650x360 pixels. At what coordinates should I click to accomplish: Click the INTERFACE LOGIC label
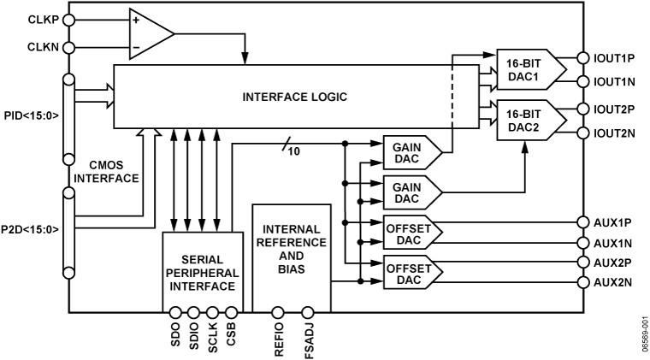[294, 97]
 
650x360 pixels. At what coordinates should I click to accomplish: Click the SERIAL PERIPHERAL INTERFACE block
[202, 273]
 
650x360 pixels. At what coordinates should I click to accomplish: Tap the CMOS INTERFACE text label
[107, 171]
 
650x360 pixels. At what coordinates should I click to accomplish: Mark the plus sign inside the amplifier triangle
[136, 19]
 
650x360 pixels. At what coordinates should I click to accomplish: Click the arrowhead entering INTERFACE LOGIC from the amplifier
[245, 60]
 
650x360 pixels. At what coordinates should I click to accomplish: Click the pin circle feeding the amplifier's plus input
[68, 20]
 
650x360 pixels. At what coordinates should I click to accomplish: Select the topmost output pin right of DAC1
[582, 58]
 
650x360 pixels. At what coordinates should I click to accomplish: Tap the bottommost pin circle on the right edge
[582, 282]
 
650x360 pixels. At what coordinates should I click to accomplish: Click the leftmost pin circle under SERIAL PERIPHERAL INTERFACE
[174, 312]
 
